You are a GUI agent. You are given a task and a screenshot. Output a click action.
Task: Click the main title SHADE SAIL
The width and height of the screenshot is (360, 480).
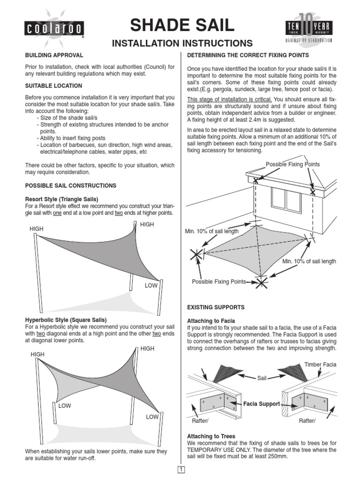(182, 25)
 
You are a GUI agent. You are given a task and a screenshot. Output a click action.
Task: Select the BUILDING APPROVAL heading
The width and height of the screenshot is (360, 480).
(54, 55)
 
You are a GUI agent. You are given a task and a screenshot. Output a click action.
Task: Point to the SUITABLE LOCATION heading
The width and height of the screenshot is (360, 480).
(53, 86)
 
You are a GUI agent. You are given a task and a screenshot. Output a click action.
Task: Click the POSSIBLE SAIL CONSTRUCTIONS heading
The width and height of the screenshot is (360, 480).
(70, 186)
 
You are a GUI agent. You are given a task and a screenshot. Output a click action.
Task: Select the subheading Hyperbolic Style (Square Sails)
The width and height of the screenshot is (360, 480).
(66, 320)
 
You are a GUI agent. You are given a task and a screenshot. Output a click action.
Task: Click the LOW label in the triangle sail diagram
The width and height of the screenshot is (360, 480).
(151, 285)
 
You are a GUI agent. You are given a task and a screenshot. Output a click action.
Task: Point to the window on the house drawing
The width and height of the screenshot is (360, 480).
(286, 200)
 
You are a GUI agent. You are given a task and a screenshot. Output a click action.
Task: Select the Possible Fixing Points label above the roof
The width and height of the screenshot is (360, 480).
(292, 164)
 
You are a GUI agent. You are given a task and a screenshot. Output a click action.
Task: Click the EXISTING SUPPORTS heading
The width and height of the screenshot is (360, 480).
(216, 307)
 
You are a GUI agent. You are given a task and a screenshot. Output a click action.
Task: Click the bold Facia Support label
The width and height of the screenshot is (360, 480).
(262, 404)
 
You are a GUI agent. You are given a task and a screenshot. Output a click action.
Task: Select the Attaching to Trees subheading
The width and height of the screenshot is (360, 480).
(211, 436)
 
